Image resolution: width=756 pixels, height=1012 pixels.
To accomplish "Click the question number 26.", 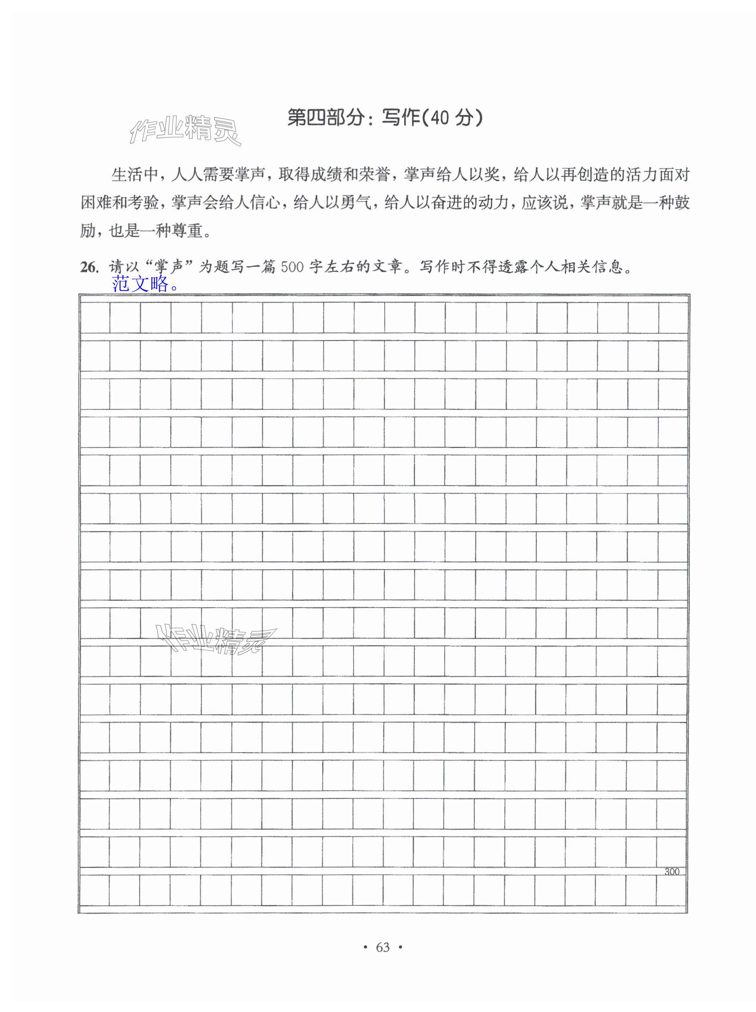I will click(x=89, y=267).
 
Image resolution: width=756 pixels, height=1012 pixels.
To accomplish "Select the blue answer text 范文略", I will click(x=144, y=284).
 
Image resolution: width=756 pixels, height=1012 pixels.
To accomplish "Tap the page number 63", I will click(x=383, y=947).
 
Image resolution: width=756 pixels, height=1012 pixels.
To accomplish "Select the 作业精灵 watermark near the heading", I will click(x=185, y=130).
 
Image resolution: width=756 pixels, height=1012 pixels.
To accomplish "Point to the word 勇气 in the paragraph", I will click(x=356, y=203).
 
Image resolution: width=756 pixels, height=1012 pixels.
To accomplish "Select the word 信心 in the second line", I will click(x=264, y=203).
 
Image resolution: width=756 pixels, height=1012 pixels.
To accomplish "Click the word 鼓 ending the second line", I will click(x=681, y=203).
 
